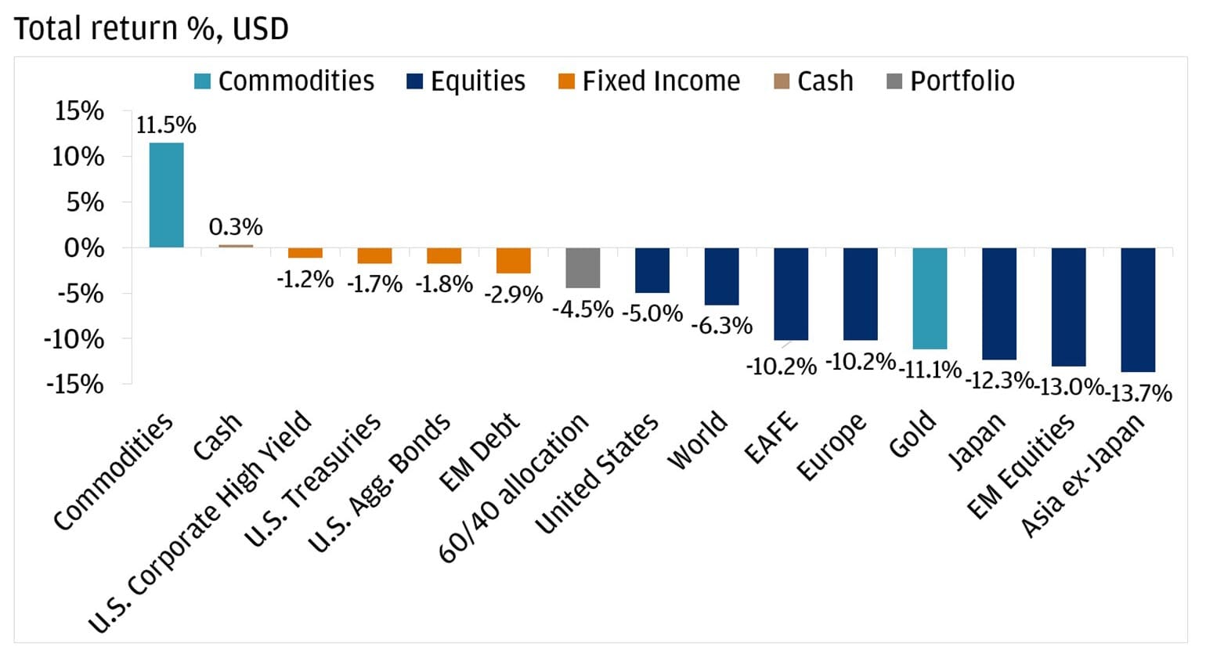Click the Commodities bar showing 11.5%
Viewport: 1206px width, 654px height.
(166, 195)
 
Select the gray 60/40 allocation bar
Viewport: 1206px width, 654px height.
(583, 268)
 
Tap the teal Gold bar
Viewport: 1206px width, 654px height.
(930, 298)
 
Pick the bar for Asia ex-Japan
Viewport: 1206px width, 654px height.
(1138, 309)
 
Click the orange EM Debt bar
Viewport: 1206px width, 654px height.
(514, 260)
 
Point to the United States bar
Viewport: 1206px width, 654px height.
(652, 270)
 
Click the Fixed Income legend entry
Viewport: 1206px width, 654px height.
(649, 81)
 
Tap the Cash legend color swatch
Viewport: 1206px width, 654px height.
(781, 81)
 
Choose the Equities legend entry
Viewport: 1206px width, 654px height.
(466, 81)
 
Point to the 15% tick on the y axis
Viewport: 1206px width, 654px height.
(78, 112)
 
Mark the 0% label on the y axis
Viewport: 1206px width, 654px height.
(83, 249)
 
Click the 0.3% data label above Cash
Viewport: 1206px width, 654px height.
(235, 227)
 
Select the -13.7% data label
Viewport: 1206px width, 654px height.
(1139, 392)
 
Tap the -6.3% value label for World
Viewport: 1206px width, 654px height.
(721, 325)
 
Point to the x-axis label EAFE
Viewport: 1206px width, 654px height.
(771, 439)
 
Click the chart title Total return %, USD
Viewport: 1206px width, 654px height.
(151, 29)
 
